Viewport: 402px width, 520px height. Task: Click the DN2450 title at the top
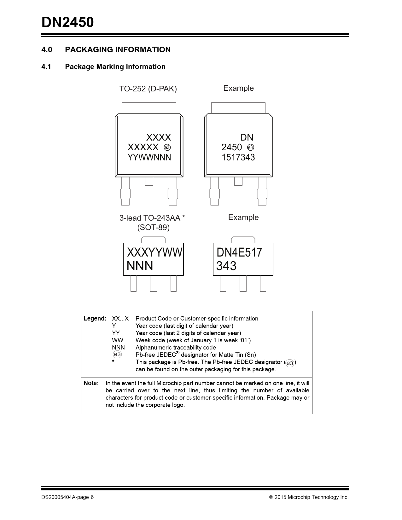click(67, 23)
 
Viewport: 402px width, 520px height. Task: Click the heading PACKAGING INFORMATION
click(118, 50)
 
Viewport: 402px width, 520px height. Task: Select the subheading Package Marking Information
click(115, 67)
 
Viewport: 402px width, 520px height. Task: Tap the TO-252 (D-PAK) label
click(148, 89)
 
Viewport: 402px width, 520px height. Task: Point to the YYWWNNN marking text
click(149, 158)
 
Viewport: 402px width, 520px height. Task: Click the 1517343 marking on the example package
click(238, 158)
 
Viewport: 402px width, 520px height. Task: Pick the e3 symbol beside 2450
click(251, 147)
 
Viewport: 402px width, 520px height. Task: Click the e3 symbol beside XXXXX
click(167, 147)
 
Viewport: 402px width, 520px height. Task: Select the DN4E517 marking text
click(239, 252)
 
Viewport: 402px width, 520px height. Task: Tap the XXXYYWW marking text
click(154, 252)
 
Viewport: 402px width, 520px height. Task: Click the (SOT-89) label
click(153, 228)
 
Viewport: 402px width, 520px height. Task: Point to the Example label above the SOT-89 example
click(243, 217)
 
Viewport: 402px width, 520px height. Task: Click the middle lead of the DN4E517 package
click(243, 283)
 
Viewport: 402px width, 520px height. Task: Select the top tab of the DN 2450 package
click(238, 108)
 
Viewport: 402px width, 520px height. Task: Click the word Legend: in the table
click(95, 319)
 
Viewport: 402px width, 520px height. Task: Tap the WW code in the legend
click(117, 340)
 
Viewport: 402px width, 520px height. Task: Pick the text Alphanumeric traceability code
click(176, 348)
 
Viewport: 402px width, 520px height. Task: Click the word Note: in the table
click(91, 383)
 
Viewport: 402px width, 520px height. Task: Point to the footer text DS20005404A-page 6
click(67, 497)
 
